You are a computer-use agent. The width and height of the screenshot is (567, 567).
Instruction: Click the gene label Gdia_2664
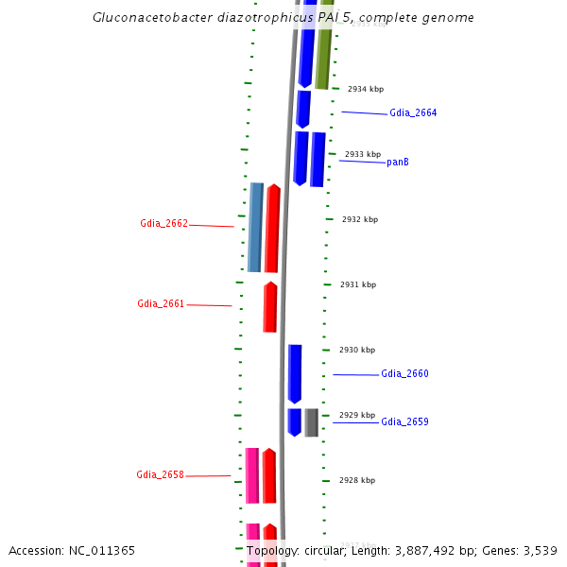(x=413, y=113)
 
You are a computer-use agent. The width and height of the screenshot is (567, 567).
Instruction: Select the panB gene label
(x=398, y=163)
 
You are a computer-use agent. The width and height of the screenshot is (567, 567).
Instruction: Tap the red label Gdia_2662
(x=163, y=224)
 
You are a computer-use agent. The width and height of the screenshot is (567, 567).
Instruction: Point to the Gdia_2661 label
(x=161, y=304)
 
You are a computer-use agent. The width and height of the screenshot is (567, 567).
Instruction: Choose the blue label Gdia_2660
(x=404, y=374)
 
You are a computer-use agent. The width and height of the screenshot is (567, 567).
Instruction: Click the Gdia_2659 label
(x=404, y=422)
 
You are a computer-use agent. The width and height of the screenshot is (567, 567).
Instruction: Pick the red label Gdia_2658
(x=160, y=475)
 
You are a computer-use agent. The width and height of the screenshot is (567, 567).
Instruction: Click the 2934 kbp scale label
(x=366, y=90)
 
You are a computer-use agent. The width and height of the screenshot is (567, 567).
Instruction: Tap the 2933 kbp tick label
(x=363, y=154)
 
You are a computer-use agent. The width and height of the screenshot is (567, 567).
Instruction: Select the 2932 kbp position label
(x=360, y=219)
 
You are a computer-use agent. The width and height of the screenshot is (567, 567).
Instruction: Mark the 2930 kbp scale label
(x=357, y=350)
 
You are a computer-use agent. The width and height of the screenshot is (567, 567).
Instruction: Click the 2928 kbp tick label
(x=357, y=480)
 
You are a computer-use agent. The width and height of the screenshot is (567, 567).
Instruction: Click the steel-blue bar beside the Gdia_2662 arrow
(x=255, y=227)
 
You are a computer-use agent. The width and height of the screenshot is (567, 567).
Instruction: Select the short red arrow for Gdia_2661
(x=270, y=307)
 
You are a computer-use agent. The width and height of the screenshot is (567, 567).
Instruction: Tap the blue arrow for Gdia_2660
(x=295, y=373)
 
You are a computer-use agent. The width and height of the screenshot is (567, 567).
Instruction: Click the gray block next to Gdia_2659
(x=311, y=422)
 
